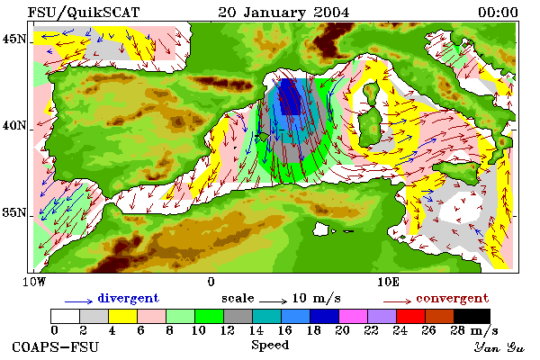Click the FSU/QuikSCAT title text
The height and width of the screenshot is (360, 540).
[x=84, y=13]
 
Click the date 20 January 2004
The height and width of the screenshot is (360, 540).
[x=283, y=13]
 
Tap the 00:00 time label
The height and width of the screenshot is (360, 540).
[x=498, y=13]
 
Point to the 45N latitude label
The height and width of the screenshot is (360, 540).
[x=14, y=39]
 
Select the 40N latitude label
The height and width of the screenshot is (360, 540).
[x=14, y=125]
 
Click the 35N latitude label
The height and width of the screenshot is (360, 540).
[x=14, y=212]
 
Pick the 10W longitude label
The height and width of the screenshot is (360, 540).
[x=34, y=282]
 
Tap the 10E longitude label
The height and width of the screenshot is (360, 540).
[x=388, y=282]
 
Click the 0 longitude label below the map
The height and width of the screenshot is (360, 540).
[x=211, y=282]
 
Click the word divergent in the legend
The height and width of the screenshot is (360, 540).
[x=128, y=298]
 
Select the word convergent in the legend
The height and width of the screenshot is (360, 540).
[x=452, y=298]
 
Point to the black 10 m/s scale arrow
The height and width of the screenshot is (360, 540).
[x=273, y=301]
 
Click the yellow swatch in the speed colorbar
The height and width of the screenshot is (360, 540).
[x=122, y=316]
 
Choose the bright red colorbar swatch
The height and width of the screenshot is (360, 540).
[x=410, y=316]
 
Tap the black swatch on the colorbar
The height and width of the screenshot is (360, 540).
[x=472, y=316]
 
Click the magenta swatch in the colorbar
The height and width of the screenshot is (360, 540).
[x=353, y=316]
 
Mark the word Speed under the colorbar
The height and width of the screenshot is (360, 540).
[x=270, y=346]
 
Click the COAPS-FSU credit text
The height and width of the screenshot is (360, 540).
[x=56, y=346]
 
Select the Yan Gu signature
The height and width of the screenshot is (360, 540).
[x=499, y=347]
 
